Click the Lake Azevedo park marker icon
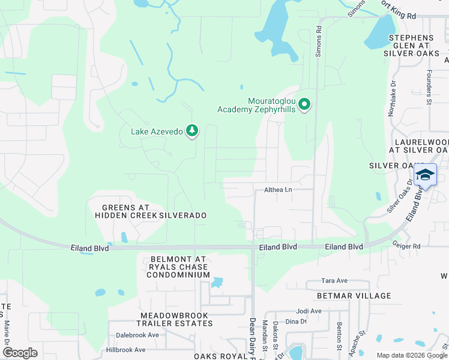[192, 130]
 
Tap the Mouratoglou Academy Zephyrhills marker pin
[304, 105]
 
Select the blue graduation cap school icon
[425, 175]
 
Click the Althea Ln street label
[278, 190]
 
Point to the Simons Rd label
[318, 43]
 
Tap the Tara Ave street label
[334, 280]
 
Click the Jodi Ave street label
[309, 311]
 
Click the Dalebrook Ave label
[137, 335]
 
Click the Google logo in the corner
[20, 353]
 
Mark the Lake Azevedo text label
[157, 131]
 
